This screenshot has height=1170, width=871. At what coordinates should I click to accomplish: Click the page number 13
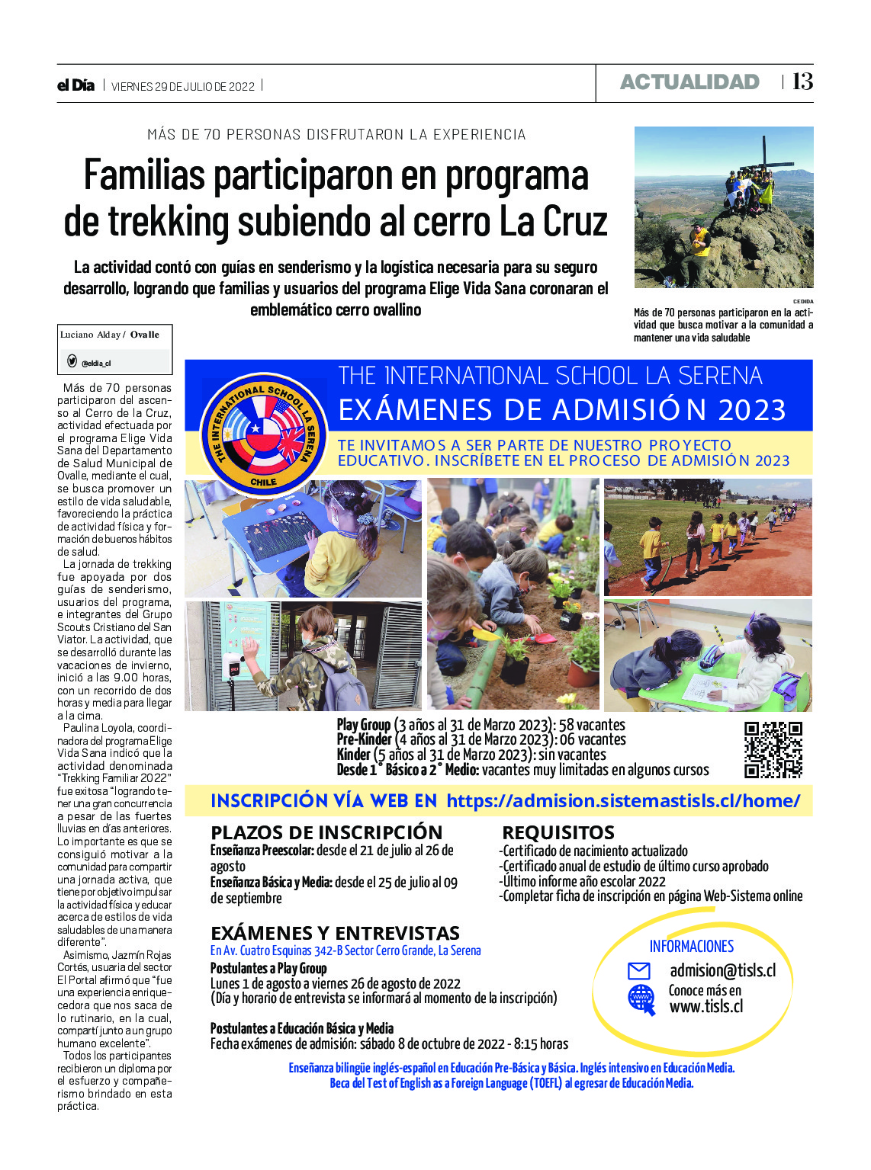pos(802,82)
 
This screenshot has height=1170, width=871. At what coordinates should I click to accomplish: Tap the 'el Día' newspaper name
pos(76,85)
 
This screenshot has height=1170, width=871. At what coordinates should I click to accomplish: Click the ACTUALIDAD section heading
pos(689,82)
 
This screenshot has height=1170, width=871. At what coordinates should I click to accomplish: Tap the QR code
pos(773,749)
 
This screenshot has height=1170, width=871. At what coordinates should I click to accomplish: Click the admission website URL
pos(623,800)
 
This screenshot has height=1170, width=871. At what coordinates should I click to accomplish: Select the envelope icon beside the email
pos(638,971)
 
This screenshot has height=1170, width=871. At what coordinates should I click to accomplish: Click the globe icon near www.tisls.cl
pos(641,999)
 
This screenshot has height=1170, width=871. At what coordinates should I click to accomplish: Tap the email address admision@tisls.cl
pos(722,970)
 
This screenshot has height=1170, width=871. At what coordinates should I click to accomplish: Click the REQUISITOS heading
pos(558,832)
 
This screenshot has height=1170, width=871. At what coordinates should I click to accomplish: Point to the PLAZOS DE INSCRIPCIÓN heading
pos(326,832)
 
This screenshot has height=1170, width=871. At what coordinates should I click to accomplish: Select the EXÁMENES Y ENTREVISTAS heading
pos(335,933)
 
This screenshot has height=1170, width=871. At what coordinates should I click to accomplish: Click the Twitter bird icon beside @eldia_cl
pos(72,361)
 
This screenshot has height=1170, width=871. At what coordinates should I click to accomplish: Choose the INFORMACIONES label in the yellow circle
pos(691,946)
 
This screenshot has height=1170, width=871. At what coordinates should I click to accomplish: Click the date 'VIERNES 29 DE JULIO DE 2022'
pos(183,86)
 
